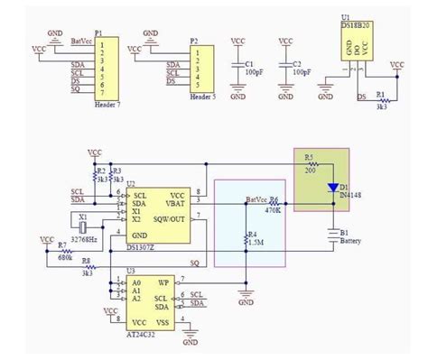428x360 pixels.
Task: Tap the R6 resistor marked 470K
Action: point(276,204)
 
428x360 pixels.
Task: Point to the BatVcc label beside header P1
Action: point(80,42)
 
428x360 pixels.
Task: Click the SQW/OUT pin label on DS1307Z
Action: point(172,217)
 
